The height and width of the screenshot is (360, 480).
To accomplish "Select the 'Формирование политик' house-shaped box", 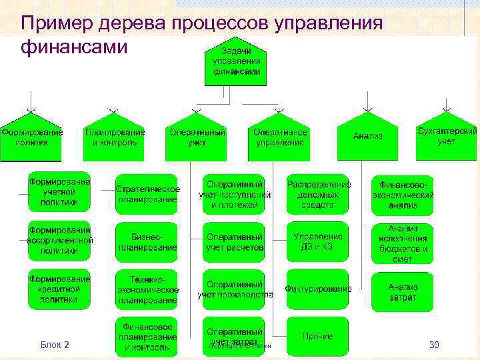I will coord(31,139).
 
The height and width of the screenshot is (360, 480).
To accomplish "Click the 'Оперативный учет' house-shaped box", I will coord(197,139).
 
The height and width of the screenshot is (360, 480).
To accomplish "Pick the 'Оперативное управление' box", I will coord(279,139).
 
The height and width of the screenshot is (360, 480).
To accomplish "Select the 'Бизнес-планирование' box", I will coord(147,242).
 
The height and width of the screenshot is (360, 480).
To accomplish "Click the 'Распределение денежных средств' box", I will coord(318,194).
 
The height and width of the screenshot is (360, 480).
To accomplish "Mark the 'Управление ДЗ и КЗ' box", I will coord(318,242).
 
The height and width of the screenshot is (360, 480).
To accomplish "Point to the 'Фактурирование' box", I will coord(318,289).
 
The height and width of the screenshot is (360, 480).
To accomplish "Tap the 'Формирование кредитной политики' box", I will coord(59,289).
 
